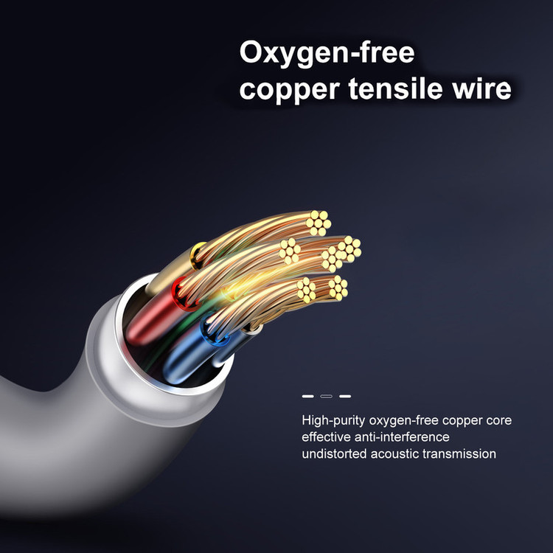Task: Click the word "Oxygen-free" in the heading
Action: tap(327, 54)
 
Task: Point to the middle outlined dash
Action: tap(326, 396)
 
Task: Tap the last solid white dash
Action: tap(344, 396)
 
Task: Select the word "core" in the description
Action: tap(498, 421)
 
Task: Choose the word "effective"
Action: tap(327, 437)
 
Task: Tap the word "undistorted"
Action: tap(333, 453)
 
